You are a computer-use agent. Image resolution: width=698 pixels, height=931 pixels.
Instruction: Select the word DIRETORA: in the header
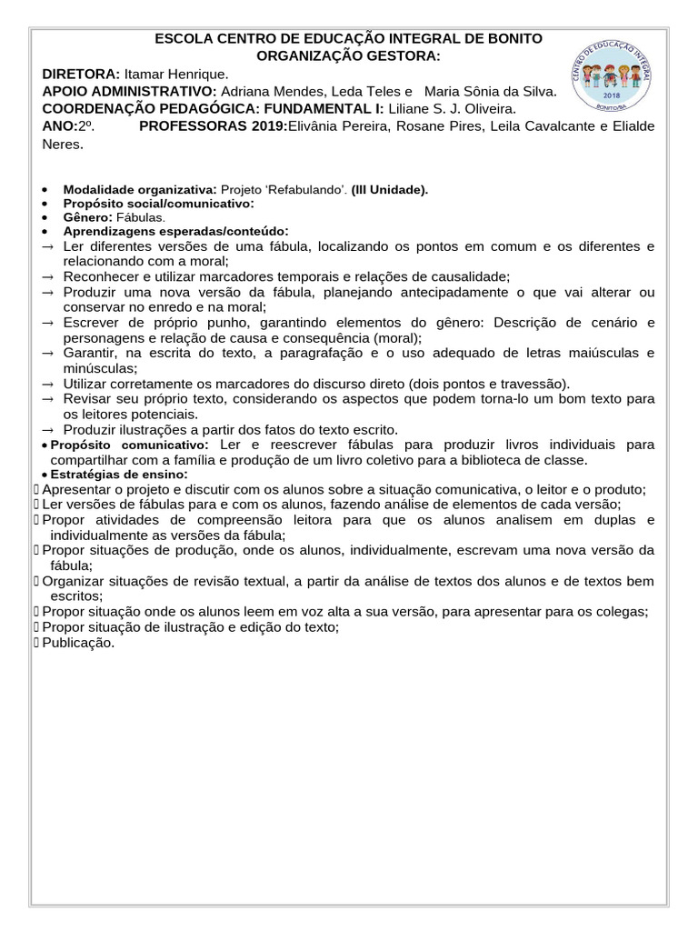point(81,74)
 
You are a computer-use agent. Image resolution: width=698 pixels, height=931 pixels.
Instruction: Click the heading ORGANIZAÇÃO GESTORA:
point(348,56)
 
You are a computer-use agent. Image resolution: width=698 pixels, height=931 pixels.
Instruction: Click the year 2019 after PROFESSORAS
point(267,125)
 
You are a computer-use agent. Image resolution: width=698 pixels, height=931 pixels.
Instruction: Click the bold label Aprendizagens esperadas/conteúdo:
point(175,232)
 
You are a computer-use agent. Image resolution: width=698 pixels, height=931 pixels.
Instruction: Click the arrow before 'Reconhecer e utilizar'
point(48,276)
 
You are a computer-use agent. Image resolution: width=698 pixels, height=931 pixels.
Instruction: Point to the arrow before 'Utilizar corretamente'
point(48,384)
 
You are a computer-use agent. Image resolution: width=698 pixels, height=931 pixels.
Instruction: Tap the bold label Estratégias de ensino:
point(119,475)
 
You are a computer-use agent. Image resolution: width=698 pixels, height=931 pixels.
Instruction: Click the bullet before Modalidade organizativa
point(46,189)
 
